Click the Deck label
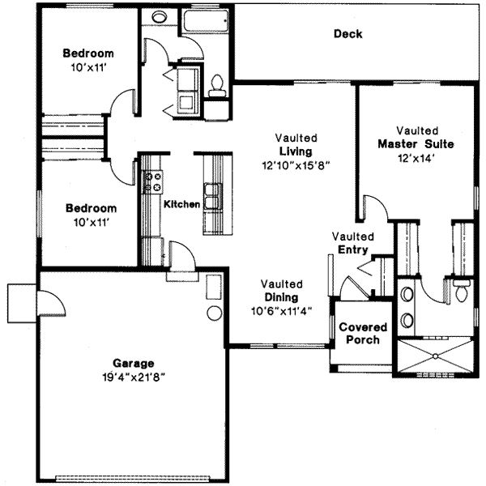(347, 34)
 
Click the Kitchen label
(181, 204)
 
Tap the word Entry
(352, 249)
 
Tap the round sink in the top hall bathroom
(160, 17)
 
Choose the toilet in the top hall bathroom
(216, 83)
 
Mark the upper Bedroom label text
(89, 53)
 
